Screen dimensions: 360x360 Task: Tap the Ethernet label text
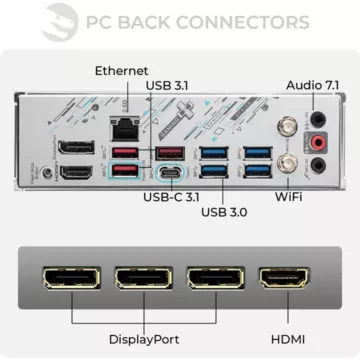(121, 71)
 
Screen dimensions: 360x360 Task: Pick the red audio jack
(319, 144)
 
